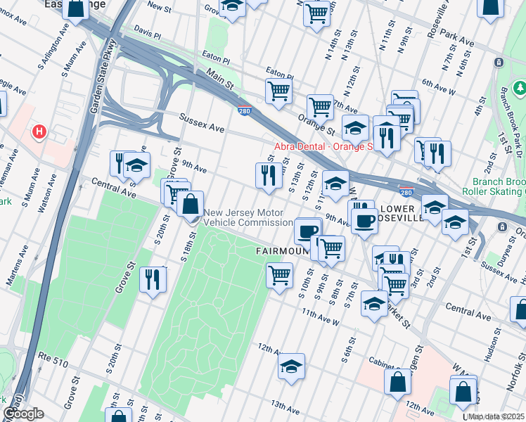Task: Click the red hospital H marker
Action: coord(40,131)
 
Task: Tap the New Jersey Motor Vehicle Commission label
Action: coord(248,218)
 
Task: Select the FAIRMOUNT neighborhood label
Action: coord(281,250)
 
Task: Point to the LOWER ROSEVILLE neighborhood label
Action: coord(401,213)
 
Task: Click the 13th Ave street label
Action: coord(286,406)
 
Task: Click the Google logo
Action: coord(23,414)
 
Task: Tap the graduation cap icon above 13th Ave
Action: coord(291,366)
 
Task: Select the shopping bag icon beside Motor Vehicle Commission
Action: coord(190,205)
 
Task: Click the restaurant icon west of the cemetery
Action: coord(152,280)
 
